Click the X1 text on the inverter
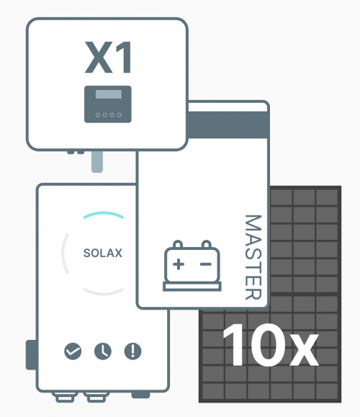click(x=108, y=58)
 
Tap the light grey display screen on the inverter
click(x=109, y=94)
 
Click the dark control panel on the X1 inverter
click(x=108, y=104)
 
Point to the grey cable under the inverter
click(x=97, y=162)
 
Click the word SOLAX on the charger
click(x=103, y=253)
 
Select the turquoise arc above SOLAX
click(x=104, y=215)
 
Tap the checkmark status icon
click(x=73, y=351)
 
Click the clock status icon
click(x=103, y=351)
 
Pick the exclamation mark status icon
click(x=133, y=351)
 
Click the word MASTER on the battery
click(x=253, y=257)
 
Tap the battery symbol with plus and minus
click(x=192, y=266)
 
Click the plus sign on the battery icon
click(x=179, y=264)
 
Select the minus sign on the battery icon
click(x=206, y=264)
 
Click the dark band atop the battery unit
click(x=228, y=125)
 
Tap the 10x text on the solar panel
click(x=271, y=345)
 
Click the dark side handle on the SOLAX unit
click(x=31, y=355)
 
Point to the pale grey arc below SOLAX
click(x=104, y=292)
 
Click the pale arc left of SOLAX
click(x=65, y=254)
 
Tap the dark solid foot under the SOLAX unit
click(x=140, y=395)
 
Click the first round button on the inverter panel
click(x=98, y=115)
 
